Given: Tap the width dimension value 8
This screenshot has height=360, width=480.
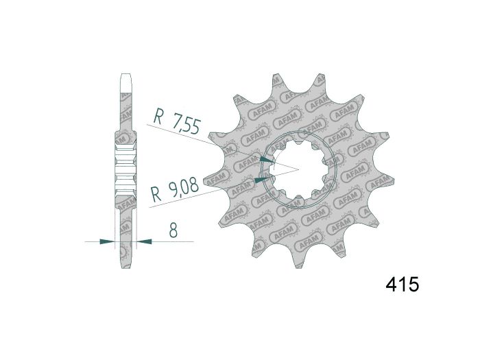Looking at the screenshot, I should point(173,231).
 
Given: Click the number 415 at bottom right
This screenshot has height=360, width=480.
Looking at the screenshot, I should point(401,285).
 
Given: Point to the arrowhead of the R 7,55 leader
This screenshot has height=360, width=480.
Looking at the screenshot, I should point(267,159).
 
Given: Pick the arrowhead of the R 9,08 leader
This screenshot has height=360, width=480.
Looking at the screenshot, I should point(260,180).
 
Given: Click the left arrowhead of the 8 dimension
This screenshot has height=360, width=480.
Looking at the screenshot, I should point(106,241).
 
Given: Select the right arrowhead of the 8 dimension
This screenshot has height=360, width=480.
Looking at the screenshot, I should point(142,241).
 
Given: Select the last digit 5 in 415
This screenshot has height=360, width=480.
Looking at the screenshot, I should point(413,285).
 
